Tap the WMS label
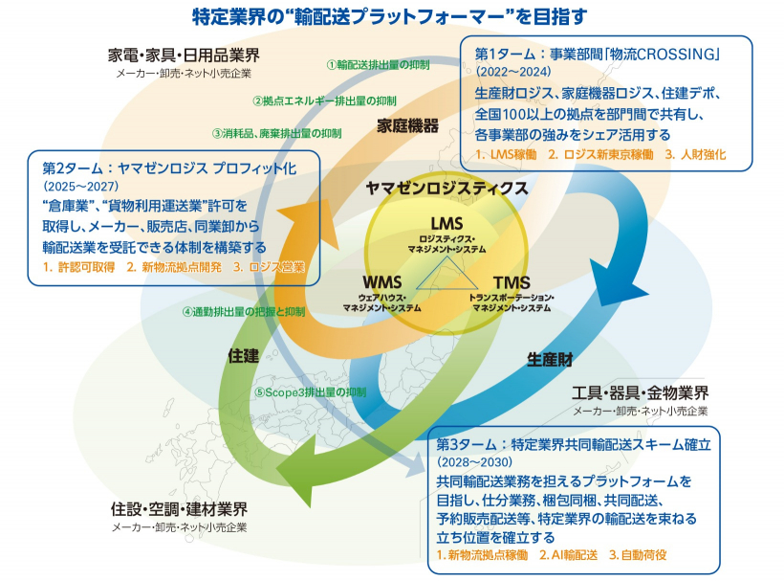(381, 282)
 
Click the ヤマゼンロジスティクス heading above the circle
(447, 188)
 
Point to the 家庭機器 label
(407, 125)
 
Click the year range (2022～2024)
(514, 70)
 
